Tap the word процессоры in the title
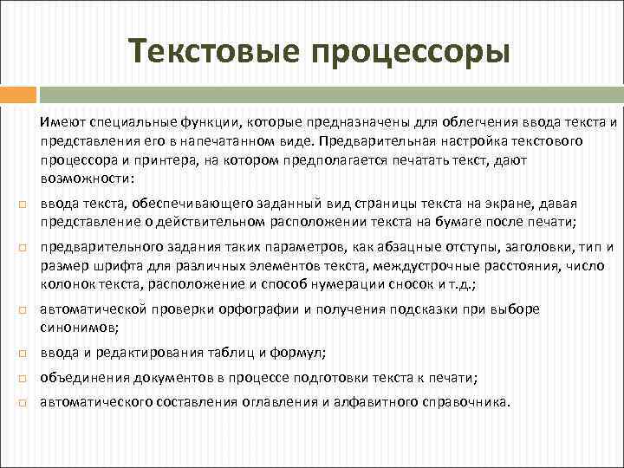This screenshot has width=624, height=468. point(405,51)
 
